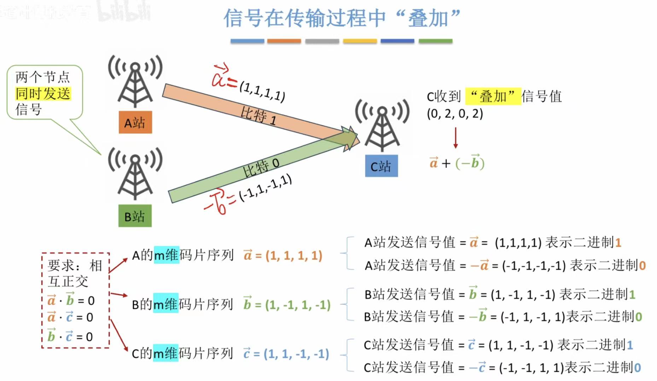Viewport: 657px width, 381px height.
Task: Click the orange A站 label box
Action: [x=135, y=123]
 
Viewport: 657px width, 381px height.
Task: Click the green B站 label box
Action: [x=135, y=216]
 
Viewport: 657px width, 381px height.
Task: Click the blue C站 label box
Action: [x=381, y=166]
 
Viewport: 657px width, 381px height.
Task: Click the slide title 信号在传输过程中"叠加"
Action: [x=342, y=18]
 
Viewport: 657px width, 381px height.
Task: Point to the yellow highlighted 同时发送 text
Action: [x=43, y=94]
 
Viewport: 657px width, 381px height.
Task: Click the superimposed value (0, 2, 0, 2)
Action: [x=455, y=114]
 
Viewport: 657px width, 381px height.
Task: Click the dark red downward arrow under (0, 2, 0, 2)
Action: [x=455, y=138]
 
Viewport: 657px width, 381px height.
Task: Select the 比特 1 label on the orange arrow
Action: [x=258, y=115]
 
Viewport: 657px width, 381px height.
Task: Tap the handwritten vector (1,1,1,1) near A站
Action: [x=262, y=91]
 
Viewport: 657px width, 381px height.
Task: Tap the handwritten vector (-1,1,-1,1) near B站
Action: [x=265, y=187]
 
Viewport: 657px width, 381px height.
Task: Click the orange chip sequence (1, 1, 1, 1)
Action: [x=294, y=255]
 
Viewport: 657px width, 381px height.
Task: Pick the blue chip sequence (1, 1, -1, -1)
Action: [x=296, y=353]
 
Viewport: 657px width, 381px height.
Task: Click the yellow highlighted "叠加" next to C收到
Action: [x=493, y=96]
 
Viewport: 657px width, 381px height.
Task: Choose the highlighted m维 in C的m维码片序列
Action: [x=166, y=353]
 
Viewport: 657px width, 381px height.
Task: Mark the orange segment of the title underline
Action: [x=284, y=41]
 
